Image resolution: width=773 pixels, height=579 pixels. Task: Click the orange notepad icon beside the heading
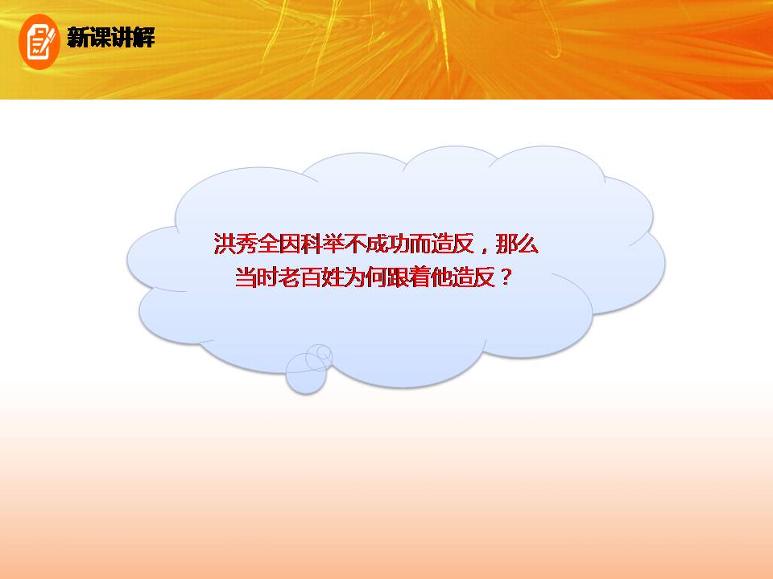click(39, 39)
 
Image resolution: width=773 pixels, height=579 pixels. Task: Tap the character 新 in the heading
click(78, 38)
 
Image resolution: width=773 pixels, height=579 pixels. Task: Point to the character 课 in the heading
click(100, 38)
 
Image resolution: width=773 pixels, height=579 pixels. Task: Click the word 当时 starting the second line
click(254, 278)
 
